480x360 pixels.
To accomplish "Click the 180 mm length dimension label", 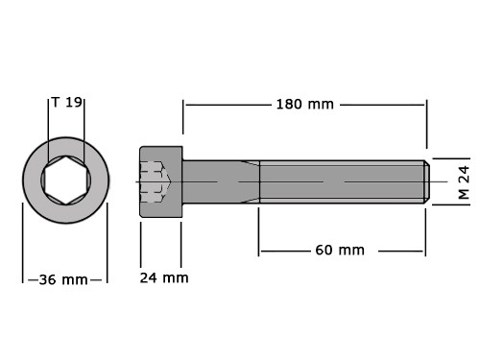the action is [x=305, y=105].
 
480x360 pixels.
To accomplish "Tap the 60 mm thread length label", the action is [x=340, y=251].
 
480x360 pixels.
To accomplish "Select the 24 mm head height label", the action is [x=164, y=277].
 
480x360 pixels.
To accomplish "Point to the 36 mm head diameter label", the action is [x=63, y=280].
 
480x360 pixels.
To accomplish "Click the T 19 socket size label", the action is [x=67, y=103].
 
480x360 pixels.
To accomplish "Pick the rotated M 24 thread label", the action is [x=464, y=182].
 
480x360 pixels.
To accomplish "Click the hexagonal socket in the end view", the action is [x=66, y=180].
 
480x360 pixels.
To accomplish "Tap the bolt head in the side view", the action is [x=161, y=181].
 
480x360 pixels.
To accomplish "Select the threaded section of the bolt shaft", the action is [x=343, y=181].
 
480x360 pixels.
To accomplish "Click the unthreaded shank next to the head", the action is [x=221, y=181].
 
